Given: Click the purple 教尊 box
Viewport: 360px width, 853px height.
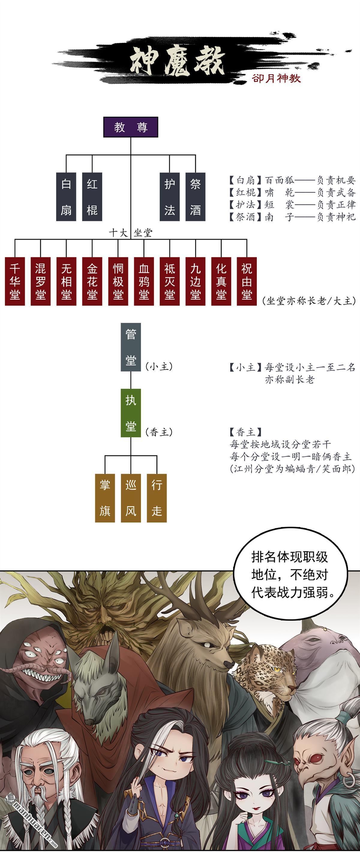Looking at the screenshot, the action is click(130, 127).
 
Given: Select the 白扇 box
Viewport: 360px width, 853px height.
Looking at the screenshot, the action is click(66, 197).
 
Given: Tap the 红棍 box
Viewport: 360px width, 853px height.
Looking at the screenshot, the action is click(92, 197).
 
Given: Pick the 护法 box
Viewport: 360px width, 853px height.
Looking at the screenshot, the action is click(169, 197).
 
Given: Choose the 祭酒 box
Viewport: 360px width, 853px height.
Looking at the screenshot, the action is click(195, 197).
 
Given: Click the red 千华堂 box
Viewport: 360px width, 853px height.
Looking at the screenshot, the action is click(15, 281).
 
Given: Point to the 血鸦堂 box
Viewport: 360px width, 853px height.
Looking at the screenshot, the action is click(144, 281).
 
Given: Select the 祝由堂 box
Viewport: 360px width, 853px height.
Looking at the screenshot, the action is click(247, 281).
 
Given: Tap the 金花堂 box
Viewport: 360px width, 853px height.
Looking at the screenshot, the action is click(92, 281).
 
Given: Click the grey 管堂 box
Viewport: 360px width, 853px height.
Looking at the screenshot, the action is click(131, 347).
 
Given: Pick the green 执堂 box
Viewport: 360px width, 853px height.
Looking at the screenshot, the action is click(131, 413).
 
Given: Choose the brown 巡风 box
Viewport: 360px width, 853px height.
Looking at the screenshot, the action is click(131, 498).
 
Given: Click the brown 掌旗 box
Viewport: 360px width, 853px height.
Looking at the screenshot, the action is click(105, 498).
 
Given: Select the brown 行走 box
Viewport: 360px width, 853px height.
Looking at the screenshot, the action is click(157, 498).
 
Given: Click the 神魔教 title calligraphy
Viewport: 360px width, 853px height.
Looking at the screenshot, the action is click(177, 61).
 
